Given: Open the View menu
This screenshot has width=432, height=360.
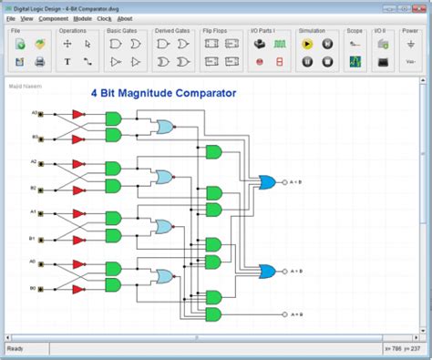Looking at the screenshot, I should pos(26,18).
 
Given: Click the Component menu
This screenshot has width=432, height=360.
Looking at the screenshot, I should pos(54,18).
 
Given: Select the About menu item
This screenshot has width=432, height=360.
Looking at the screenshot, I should pos(125,18).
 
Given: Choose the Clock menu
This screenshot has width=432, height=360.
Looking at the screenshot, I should pos(104,18).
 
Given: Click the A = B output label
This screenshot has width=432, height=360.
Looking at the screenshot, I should pos(296,315).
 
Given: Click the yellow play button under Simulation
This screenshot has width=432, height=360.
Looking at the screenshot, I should pos(307,43).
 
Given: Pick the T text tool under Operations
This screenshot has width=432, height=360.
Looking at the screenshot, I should pos(67,62).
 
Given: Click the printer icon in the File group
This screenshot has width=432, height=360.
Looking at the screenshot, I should pos(40,62).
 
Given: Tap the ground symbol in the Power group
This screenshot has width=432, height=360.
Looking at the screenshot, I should pos(410,43).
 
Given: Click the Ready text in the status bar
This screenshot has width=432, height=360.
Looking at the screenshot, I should pos(15,348).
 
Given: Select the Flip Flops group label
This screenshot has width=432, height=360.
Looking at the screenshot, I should pos(215,30).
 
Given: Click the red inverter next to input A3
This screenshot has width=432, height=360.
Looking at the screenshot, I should pos(78,115).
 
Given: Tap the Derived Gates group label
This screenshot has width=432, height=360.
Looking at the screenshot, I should pos(170,30).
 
